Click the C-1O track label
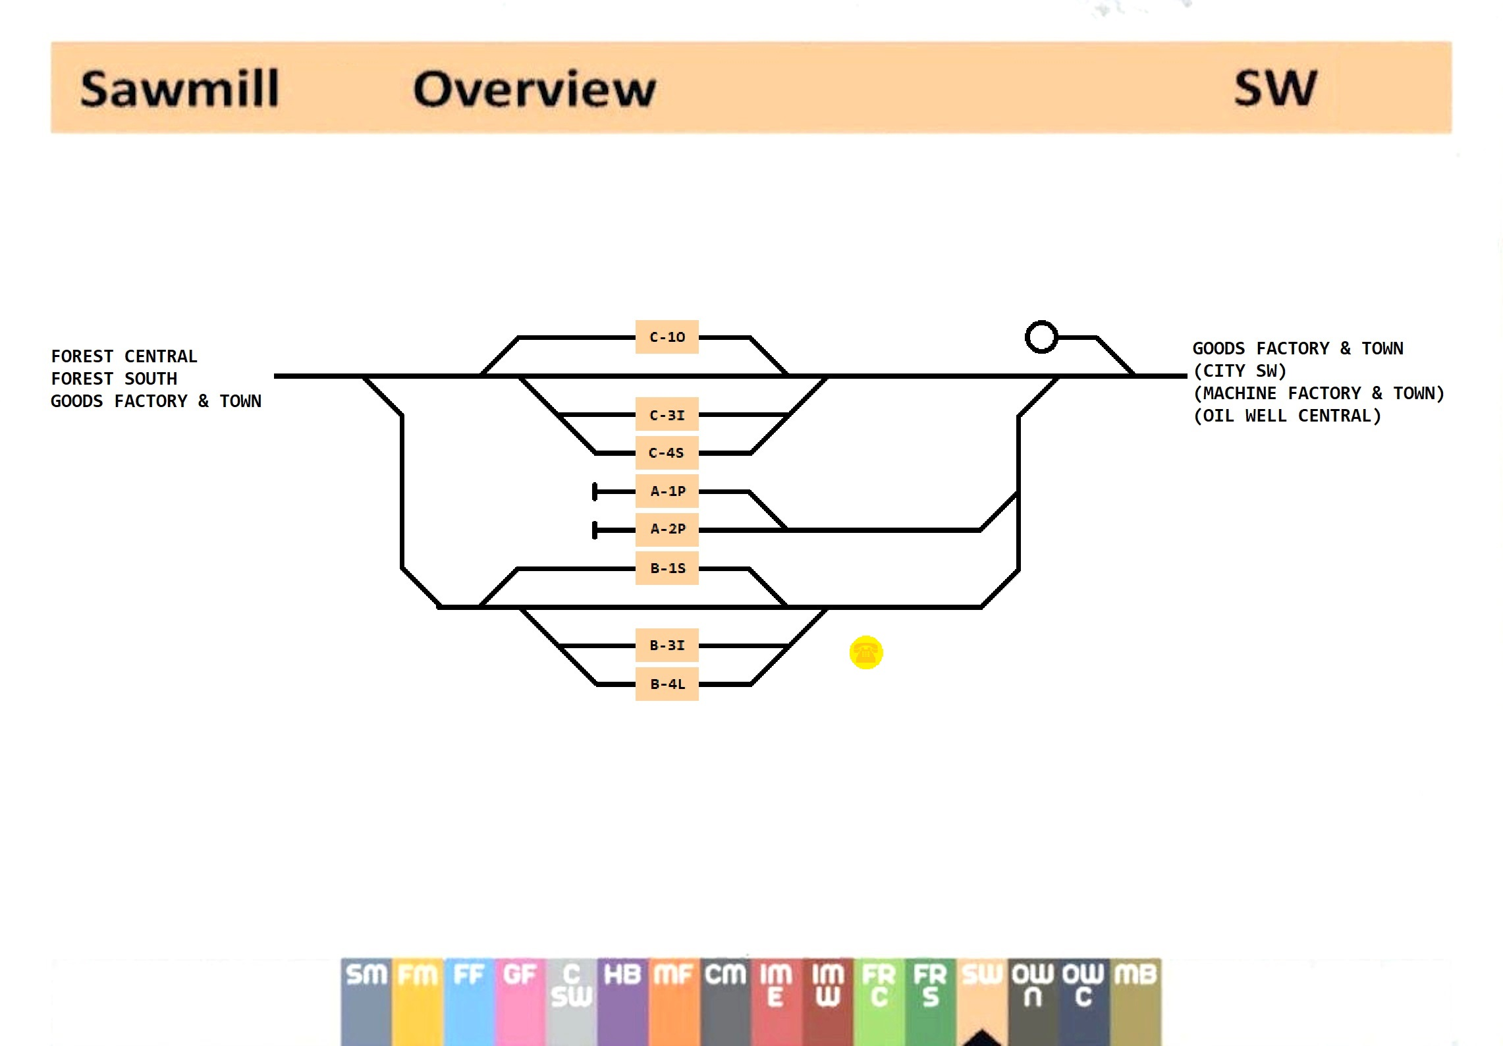click(x=667, y=337)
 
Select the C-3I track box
click(x=667, y=415)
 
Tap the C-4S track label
click(x=667, y=453)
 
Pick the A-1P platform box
click(x=667, y=491)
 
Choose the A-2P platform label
click(x=667, y=529)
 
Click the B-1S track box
click(x=667, y=568)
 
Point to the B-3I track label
click(x=667, y=646)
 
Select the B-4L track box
click(x=667, y=684)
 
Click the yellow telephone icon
click(x=865, y=652)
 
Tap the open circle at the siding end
click(x=1041, y=337)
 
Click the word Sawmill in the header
click(x=180, y=89)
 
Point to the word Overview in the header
click(x=534, y=89)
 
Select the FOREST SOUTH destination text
click(x=114, y=379)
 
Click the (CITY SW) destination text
click(x=1240, y=371)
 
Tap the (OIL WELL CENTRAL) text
click(x=1287, y=416)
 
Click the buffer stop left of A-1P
click(x=595, y=491)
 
